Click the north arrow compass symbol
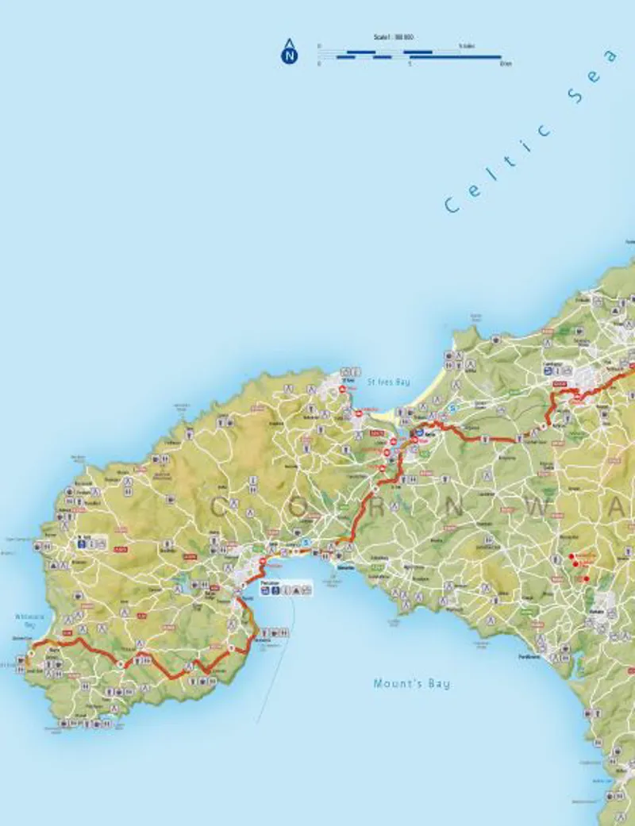pos(290,52)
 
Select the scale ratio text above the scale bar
pos(394,37)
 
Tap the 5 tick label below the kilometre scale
pos(410,63)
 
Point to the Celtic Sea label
pos(532,131)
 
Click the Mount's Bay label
pos(411,683)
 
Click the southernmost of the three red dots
pos(586,578)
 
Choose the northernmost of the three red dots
pos(571,555)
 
